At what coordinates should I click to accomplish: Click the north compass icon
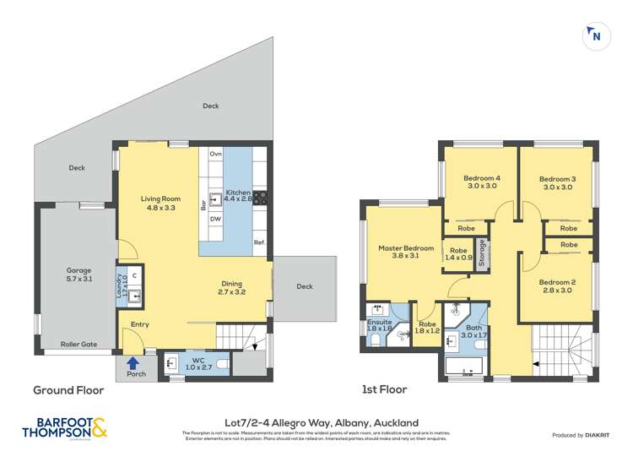click(x=595, y=35)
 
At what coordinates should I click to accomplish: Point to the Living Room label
click(x=160, y=204)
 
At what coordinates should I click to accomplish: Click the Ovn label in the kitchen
click(x=215, y=154)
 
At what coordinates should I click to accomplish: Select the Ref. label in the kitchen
click(x=259, y=243)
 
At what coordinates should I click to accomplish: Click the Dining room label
click(x=232, y=289)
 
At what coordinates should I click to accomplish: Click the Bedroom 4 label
click(x=481, y=183)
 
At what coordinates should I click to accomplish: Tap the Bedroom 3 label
click(x=557, y=183)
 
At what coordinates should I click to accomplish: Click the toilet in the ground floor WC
click(x=222, y=364)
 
